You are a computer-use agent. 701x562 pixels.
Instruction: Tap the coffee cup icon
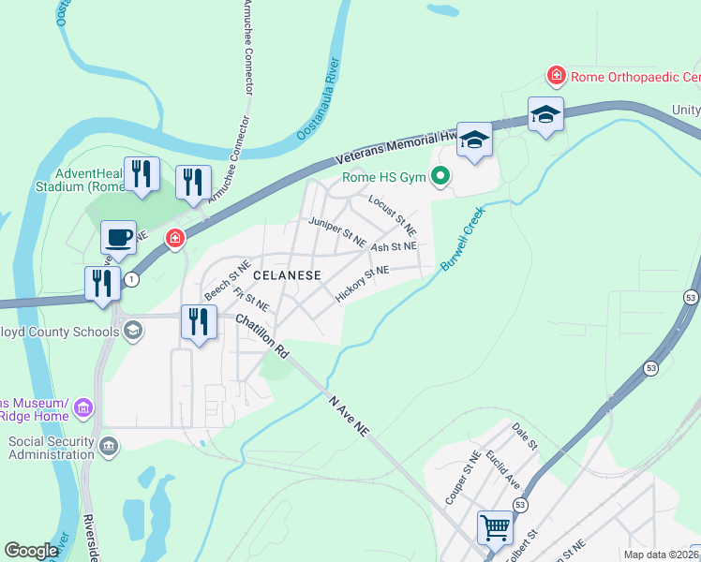tap(118, 238)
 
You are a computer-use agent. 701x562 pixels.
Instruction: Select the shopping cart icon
tap(495, 526)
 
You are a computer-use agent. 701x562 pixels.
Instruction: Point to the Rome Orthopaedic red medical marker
tap(556, 74)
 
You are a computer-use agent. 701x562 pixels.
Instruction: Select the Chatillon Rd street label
tap(261, 335)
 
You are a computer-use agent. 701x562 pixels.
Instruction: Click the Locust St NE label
tap(392, 214)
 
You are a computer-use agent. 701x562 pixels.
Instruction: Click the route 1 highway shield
tap(132, 279)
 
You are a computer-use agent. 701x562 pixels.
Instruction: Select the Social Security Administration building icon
tap(108, 444)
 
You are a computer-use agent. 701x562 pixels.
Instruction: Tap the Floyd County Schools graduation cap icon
tap(133, 329)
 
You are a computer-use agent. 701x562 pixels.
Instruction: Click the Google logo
tap(31, 550)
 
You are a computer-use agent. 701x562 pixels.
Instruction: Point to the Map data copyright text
tap(661, 555)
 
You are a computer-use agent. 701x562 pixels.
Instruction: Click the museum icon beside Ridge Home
tap(83, 407)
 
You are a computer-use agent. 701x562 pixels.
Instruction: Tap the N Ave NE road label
tap(350, 413)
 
